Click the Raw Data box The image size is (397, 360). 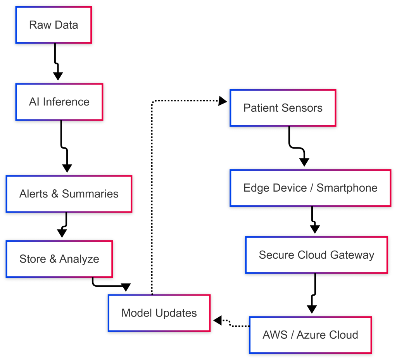click(x=54, y=25)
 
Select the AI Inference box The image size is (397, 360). click(x=59, y=102)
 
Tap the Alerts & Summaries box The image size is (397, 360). click(x=69, y=194)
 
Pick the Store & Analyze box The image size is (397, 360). click(x=59, y=259)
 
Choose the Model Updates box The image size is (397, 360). click(x=159, y=313)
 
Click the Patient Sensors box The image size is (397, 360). click(x=283, y=108)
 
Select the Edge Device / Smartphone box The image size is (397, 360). click(x=310, y=188)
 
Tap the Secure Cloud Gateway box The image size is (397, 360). click(x=316, y=255)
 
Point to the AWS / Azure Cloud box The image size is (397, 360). click(x=310, y=335)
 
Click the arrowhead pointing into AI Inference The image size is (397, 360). click(x=58, y=76)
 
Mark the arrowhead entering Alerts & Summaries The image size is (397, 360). click(x=67, y=168)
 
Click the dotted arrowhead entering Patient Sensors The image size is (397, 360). click(x=223, y=101)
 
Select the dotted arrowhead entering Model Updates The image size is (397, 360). click(x=217, y=320)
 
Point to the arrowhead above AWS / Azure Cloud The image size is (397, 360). click(x=312, y=309)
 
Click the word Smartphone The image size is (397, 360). click(x=347, y=188)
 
